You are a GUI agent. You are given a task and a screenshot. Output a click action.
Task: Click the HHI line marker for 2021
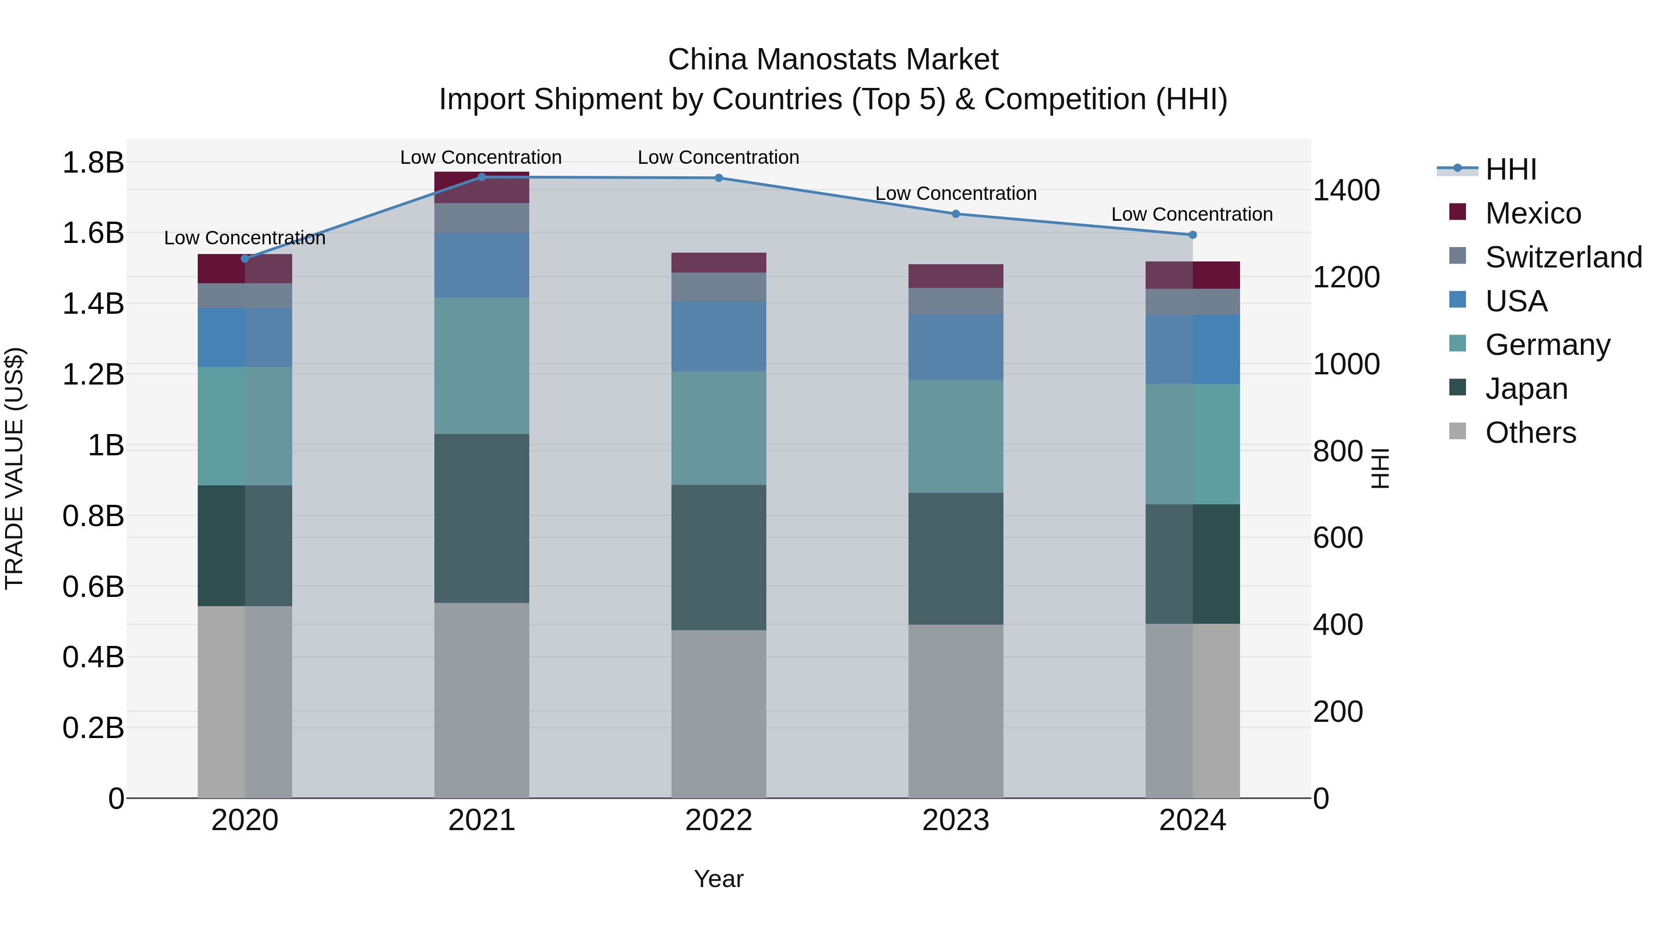[x=482, y=177]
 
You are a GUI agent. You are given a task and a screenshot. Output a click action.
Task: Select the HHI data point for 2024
[x=1193, y=235]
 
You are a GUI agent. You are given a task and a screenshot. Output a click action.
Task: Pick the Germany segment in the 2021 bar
[x=482, y=366]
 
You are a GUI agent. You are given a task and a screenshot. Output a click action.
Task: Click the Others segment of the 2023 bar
[x=956, y=711]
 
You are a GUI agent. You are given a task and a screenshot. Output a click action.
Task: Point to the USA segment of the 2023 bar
[x=956, y=347]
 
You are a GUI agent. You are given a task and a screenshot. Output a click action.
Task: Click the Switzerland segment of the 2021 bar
[x=482, y=218]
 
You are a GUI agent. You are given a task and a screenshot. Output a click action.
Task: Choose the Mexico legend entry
[x=1532, y=213]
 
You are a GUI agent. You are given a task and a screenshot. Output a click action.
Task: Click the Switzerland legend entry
[x=1563, y=257]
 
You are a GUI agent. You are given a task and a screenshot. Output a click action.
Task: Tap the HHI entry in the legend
[x=1510, y=169]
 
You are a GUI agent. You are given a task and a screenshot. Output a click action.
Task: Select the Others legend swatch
[x=1457, y=431]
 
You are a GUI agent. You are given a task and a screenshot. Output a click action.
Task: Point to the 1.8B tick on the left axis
[x=93, y=162]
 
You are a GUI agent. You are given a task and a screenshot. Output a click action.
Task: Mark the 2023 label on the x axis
[x=956, y=820]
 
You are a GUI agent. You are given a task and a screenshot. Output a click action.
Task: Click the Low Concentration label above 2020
[x=244, y=238]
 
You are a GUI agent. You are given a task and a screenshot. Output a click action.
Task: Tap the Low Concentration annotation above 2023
[x=956, y=193]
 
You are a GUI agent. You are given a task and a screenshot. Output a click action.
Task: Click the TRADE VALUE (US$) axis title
[x=14, y=468]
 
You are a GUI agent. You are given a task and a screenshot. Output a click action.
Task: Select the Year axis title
[x=718, y=879]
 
